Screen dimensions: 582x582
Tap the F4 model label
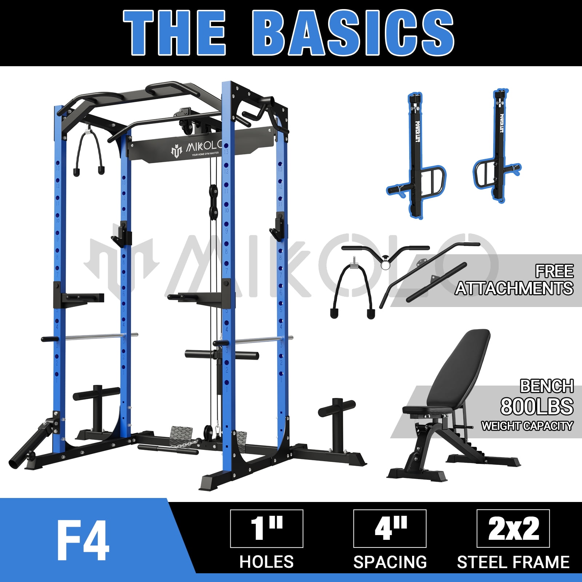[x=83, y=541]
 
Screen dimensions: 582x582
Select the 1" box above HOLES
[x=267, y=529]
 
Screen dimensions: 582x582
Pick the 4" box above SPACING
[x=390, y=529]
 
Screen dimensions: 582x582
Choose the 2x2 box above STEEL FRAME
[x=513, y=529]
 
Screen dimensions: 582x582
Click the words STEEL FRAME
[x=513, y=562]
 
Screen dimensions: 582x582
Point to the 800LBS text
[x=537, y=406]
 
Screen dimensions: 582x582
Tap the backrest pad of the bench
[x=460, y=367]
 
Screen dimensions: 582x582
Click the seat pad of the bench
[x=427, y=410]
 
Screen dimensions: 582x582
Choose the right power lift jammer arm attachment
[x=498, y=149]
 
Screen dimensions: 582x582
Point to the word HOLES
[x=267, y=562]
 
